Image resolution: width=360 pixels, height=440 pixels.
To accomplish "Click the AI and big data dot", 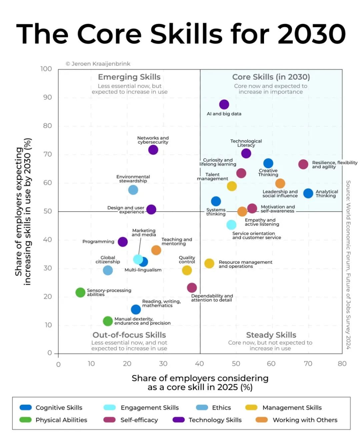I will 224,104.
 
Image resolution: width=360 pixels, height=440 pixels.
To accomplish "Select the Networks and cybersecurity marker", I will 153,150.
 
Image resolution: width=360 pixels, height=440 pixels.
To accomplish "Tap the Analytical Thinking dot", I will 308,193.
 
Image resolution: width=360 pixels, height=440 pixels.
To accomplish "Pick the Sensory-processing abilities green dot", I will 80,293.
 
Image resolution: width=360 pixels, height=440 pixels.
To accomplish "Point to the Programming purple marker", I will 123,242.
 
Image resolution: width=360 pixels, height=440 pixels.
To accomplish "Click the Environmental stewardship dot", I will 133,190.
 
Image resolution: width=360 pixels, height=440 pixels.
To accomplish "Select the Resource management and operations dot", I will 209,264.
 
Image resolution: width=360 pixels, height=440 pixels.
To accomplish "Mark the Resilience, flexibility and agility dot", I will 303,164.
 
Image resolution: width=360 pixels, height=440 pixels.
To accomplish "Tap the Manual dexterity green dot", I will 108,321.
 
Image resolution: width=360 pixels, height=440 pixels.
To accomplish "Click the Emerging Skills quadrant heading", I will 129,77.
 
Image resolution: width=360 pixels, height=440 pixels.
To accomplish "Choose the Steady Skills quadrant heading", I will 271,335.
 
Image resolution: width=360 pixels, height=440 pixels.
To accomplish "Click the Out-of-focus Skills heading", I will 129,335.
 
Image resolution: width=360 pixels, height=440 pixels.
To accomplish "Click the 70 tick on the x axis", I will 308,364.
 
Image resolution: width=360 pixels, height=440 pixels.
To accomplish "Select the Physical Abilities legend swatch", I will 25,420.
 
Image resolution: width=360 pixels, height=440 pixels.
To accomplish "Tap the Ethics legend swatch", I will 202,407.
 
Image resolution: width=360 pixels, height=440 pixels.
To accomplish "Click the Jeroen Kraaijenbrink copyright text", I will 98,64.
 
